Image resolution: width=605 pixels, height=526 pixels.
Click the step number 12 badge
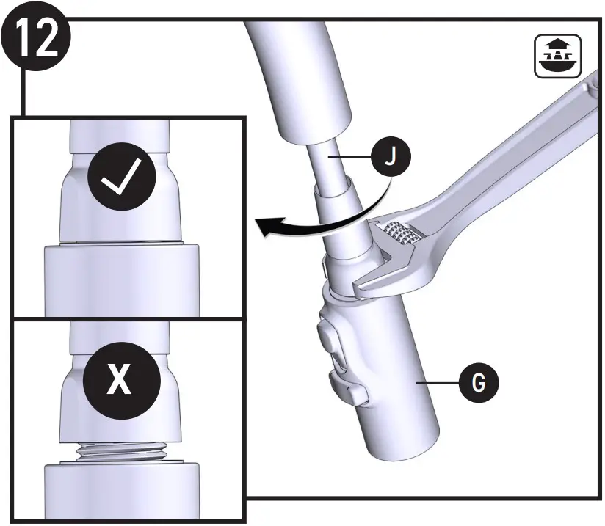[36, 38]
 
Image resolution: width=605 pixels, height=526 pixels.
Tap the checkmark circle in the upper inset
[121, 178]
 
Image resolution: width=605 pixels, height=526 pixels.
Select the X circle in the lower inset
[121, 379]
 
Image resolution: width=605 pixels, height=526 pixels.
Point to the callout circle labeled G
[478, 383]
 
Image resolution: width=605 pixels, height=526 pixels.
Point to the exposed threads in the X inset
[121, 448]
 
